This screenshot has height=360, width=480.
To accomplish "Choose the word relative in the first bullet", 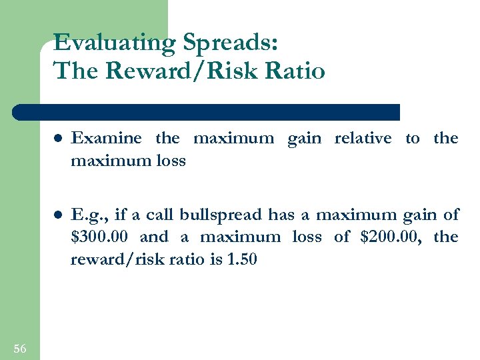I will pos(363,139).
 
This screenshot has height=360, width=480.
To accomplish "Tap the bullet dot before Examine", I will pos(59,139).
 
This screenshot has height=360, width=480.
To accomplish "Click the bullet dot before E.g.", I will pos(59,215).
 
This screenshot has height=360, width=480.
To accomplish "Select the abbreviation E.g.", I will pos(89,215).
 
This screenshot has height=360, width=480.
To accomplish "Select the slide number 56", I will pos(20,348).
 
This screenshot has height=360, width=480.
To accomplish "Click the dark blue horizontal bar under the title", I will pos(207,112).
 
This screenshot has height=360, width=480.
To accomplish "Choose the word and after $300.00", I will pos(154,237).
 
